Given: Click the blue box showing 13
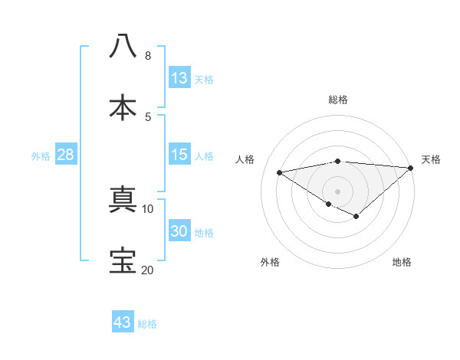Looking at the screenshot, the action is pos(179,78).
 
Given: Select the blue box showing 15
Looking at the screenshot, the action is pos(179,155).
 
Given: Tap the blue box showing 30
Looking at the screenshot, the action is pos(179,231).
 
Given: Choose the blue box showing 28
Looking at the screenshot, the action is pos(65,155).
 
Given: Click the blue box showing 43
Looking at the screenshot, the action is pos(122,322).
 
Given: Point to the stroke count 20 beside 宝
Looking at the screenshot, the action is pos(147,270).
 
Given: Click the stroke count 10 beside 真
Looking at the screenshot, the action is pos(148,208).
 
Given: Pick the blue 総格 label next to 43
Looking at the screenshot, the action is pos(147,324).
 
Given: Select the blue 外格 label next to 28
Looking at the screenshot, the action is pos(41,156).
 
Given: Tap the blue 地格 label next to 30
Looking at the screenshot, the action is pos(204,233).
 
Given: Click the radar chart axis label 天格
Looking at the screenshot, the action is pos(431,159).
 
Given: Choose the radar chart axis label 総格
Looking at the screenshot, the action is pos(337,100).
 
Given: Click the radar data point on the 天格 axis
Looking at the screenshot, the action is pos(411,168).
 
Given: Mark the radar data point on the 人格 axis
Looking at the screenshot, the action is pos(280,172).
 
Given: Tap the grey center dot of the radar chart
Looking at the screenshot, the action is pos(337,191).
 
